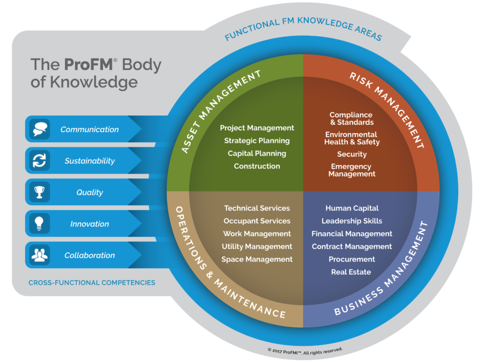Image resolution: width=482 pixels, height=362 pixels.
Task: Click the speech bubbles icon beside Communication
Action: click(x=40, y=129)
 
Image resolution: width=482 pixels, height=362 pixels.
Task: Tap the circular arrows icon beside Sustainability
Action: click(x=40, y=160)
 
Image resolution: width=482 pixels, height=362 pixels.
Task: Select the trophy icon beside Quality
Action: click(x=39, y=192)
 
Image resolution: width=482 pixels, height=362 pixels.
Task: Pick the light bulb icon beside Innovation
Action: click(x=39, y=223)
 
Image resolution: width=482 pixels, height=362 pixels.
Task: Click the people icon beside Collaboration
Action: click(x=40, y=255)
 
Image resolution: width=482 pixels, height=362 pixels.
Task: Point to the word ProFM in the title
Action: click(x=88, y=64)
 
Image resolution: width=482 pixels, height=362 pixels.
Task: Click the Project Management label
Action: click(x=257, y=128)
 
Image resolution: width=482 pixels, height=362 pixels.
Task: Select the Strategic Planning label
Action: click(x=257, y=141)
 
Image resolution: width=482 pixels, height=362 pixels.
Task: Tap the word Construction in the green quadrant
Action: click(x=257, y=166)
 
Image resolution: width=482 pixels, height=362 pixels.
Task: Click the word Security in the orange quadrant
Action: click(x=352, y=154)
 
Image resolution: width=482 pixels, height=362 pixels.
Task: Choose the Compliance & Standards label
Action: click(x=351, y=119)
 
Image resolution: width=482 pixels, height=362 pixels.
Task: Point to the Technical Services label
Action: click(x=257, y=208)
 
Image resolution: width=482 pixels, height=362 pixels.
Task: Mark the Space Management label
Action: click(x=257, y=259)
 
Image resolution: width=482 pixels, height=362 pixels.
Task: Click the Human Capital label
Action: click(x=352, y=208)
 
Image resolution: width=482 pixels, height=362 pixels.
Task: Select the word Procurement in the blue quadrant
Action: click(x=352, y=259)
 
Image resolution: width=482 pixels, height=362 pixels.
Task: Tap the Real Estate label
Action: click(x=351, y=272)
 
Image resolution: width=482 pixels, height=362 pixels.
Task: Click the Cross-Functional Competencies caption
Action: click(x=92, y=283)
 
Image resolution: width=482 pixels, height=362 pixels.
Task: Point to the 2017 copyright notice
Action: click(x=305, y=350)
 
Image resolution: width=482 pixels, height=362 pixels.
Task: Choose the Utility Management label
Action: click(x=257, y=246)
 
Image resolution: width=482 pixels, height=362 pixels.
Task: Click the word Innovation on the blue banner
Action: click(x=89, y=224)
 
